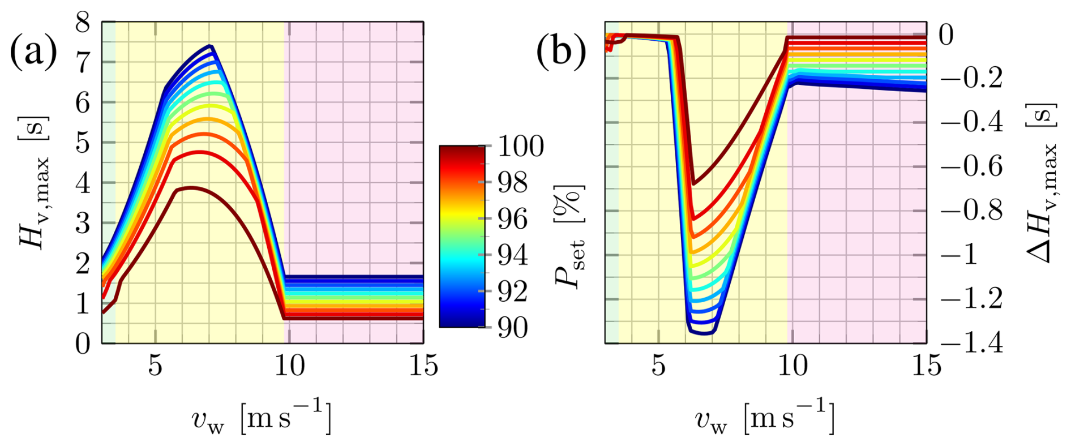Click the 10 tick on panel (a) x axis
click(289, 366)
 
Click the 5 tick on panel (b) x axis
click(658, 366)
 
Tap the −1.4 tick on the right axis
click(971, 344)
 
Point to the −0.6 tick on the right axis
click(971, 166)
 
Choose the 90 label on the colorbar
click(513, 328)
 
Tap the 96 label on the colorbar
click(513, 219)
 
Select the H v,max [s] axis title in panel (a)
click(35, 182)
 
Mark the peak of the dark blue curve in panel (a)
click(210, 46)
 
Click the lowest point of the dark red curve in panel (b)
click(695, 183)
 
